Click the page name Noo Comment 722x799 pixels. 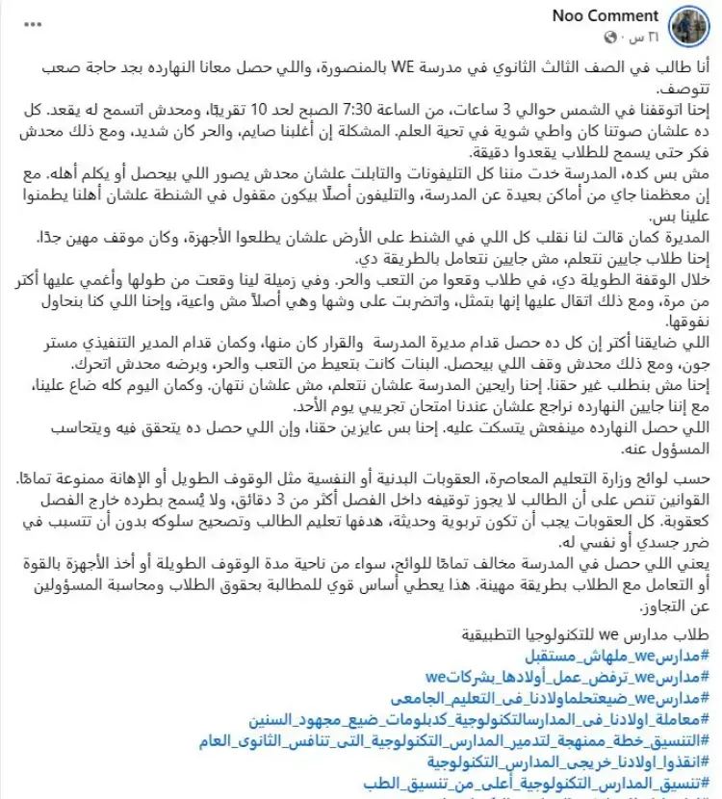pyautogui.click(x=606, y=15)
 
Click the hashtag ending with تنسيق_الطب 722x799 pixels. pyautogui.click(x=542, y=784)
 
